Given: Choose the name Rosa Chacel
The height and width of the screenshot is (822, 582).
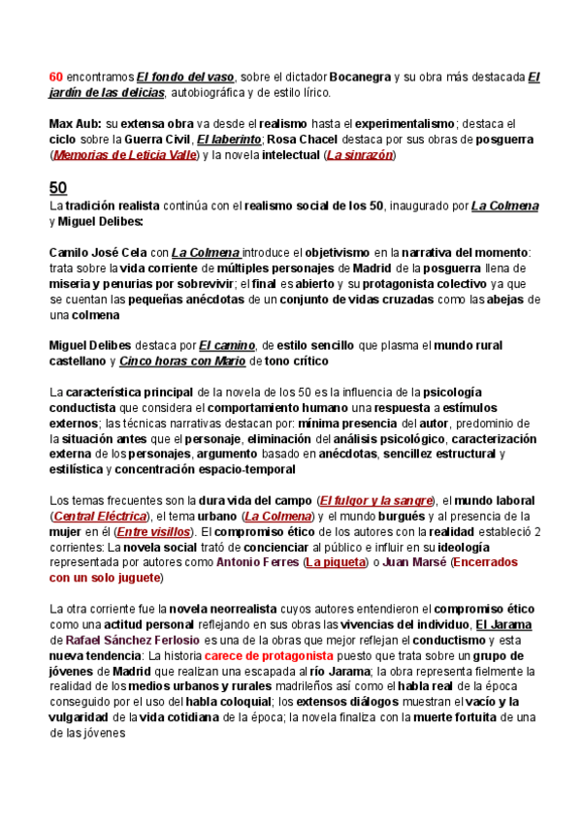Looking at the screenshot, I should click(x=299, y=140).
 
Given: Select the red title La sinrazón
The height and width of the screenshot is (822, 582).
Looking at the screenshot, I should click(x=360, y=155).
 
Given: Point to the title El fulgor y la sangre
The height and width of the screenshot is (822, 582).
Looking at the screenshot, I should click(x=375, y=500).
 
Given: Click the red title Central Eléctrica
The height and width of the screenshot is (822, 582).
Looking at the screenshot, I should click(x=96, y=516).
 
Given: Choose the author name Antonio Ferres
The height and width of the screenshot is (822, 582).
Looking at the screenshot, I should click(x=257, y=562).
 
